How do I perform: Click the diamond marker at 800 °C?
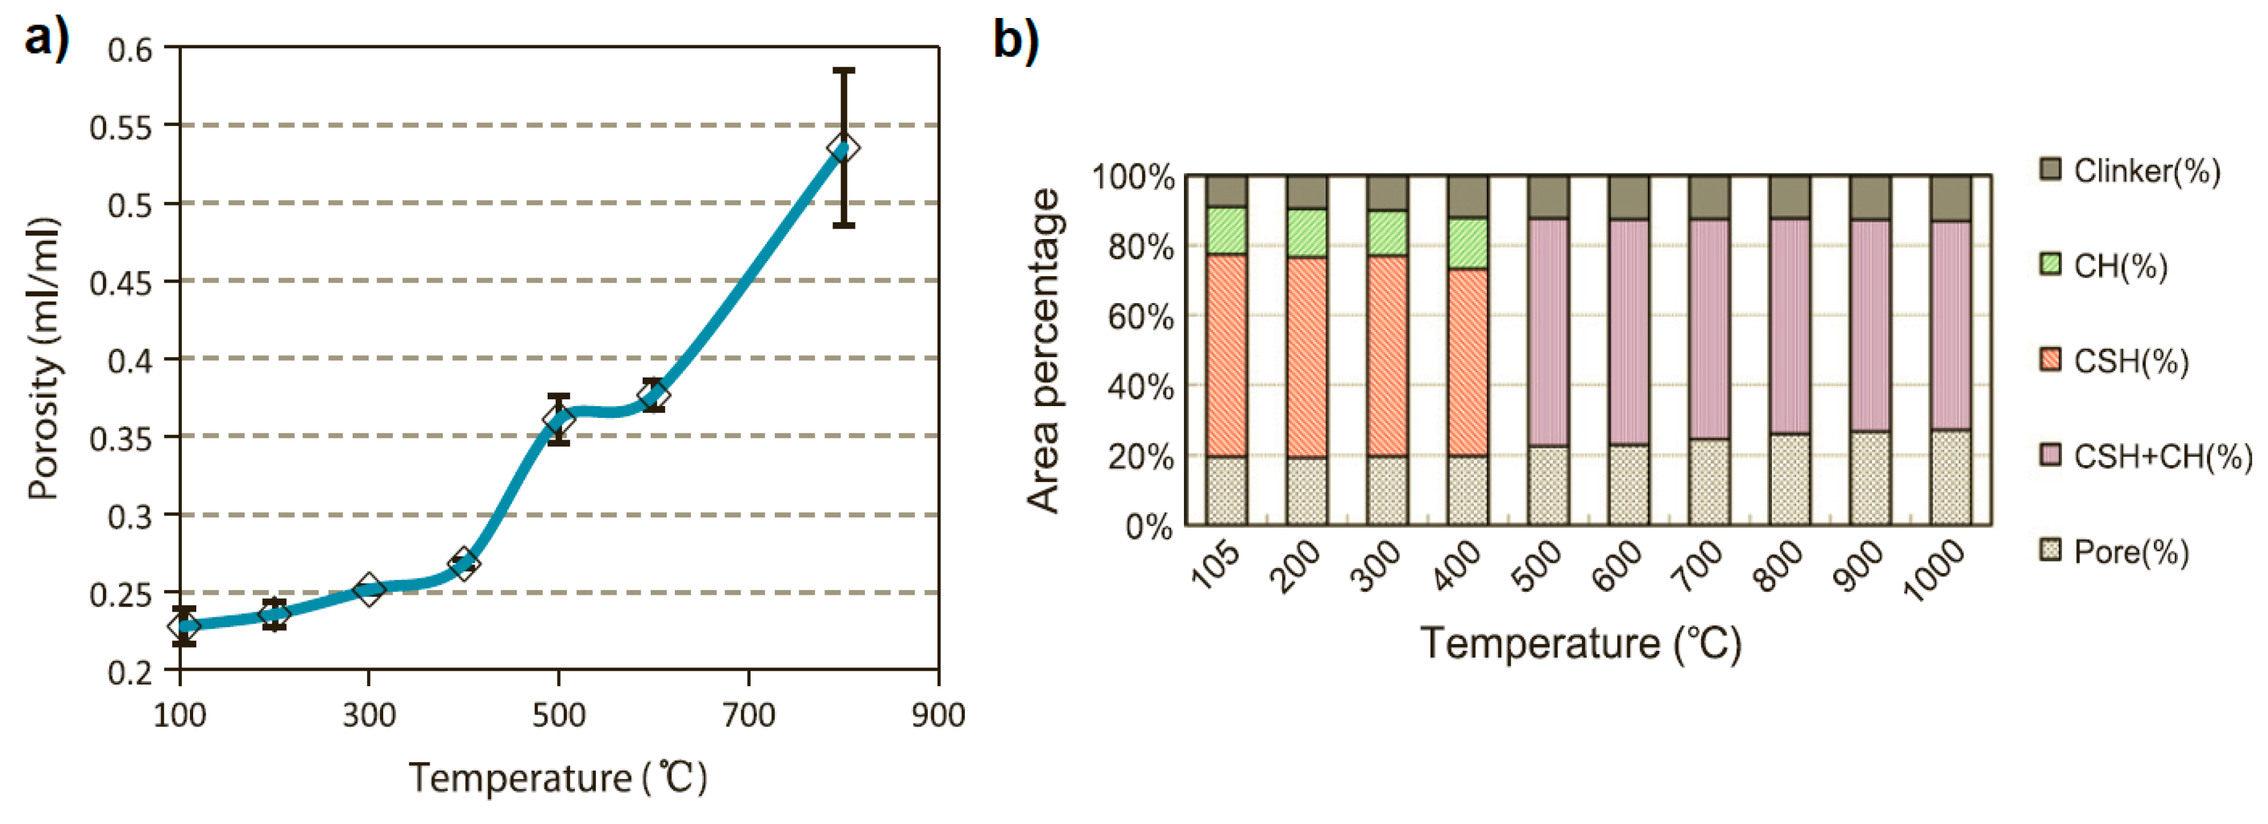click(844, 148)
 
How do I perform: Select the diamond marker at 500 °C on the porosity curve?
click(558, 420)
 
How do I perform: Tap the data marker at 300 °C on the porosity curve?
click(369, 589)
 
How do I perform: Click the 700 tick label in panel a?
click(748, 715)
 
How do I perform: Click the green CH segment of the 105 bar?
click(1226, 230)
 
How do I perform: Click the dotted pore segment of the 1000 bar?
click(1950, 477)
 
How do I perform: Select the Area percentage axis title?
click(1044, 350)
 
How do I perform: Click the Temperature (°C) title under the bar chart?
click(1580, 643)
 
